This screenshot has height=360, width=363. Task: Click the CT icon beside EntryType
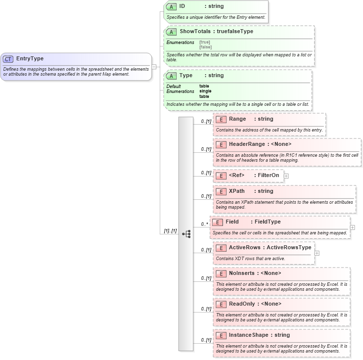pyautogui.click(x=8, y=59)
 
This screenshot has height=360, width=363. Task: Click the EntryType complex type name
pyautogui.click(x=30, y=59)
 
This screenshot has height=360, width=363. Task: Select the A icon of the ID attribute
pyautogui.click(x=171, y=6)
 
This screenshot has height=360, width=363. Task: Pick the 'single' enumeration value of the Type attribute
pyautogui.click(x=205, y=91)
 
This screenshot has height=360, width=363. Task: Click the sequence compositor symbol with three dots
pyautogui.click(x=186, y=234)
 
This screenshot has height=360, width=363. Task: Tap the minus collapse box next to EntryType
pyautogui.click(x=154, y=66)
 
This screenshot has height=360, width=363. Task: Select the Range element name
pyautogui.click(x=237, y=119)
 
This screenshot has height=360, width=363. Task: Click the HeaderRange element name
pyautogui.click(x=247, y=144)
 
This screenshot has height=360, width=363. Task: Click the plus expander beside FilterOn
pyautogui.click(x=286, y=176)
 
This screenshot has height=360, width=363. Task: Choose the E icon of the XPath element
pyautogui.click(x=221, y=191)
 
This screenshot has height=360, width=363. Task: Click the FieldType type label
pyautogui.click(x=267, y=222)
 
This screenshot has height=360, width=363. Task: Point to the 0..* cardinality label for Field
pyautogui.click(x=204, y=224)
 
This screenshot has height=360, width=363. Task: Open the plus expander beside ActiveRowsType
pyautogui.click(x=317, y=253)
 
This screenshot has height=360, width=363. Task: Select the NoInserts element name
pyautogui.click(x=241, y=273)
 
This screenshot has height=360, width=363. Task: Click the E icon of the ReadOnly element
pyautogui.click(x=221, y=304)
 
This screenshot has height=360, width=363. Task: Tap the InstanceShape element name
pyautogui.click(x=249, y=335)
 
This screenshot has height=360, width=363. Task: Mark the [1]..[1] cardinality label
pyautogui.click(x=170, y=231)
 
